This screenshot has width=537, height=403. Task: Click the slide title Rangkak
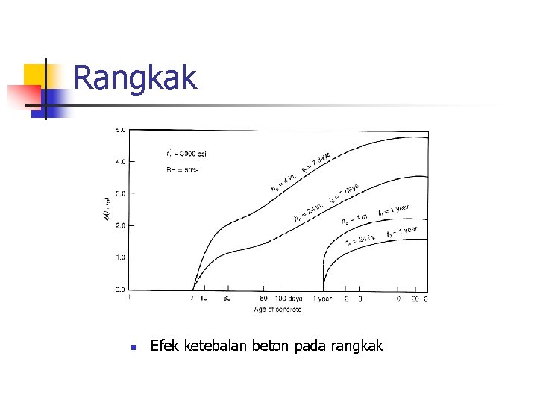pyautogui.click(x=135, y=78)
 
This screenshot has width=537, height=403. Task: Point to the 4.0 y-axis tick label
pyautogui.click(x=119, y=161)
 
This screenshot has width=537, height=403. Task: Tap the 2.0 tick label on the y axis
pyautogui.click(x=119, y=225)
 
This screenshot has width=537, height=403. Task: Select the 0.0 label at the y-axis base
pyautogui.click(x=119, y=289)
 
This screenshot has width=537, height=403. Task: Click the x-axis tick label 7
pyautogui.click(x=192, y=299)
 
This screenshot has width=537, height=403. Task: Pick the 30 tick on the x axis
pyautogui.click(x=227, y=299)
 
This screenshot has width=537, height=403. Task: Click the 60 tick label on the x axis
pyautogui.click(x=263, y=299)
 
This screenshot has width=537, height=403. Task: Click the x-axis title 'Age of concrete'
pyautogui.click(x=277, y=308)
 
